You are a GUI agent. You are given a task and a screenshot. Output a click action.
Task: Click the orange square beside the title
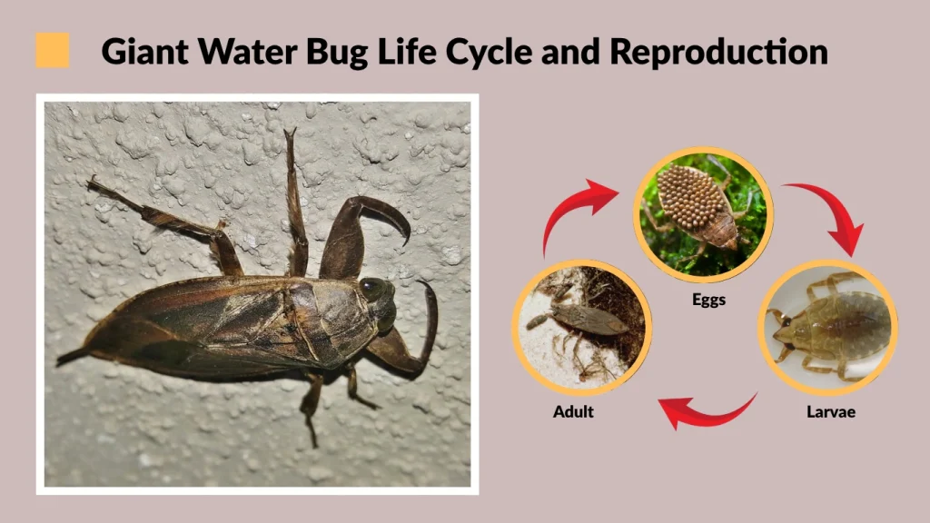pyautogui.click(x=53, y=50)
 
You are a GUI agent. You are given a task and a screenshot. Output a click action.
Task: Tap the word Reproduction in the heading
pyautogui.click(x=719, y=51)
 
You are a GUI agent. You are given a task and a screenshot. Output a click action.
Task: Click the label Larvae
pyautogui.click(x=830, y=411)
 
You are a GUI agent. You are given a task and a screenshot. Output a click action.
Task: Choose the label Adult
pyautogui.click(x=573, y=411)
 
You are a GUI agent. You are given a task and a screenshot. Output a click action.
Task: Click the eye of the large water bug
pyautogui.click(x=371, y=289)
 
